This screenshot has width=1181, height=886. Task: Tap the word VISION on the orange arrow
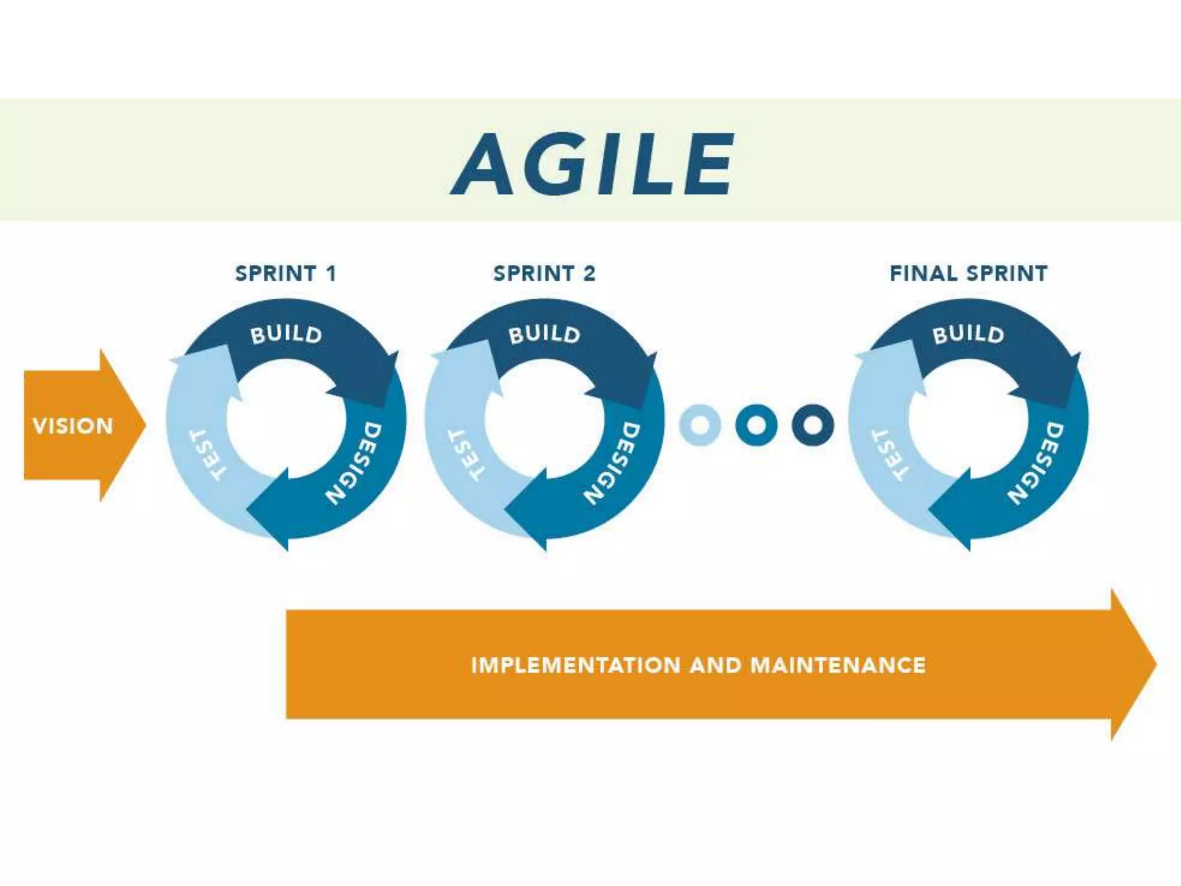point(73,426)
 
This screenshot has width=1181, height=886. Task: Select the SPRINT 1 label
point(285,273)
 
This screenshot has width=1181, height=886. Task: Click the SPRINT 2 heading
point(544,273)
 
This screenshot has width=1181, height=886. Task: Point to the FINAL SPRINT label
point(969,273)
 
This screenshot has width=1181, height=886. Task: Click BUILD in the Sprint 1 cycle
point(286,335)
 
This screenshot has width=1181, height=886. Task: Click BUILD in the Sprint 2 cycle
point(544,335)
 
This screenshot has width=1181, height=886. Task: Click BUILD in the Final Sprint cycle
point(969,335)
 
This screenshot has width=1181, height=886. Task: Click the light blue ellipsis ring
point(700,426)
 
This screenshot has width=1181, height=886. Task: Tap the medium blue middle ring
point(756,426)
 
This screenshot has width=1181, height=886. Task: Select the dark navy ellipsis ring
point(813,426)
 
